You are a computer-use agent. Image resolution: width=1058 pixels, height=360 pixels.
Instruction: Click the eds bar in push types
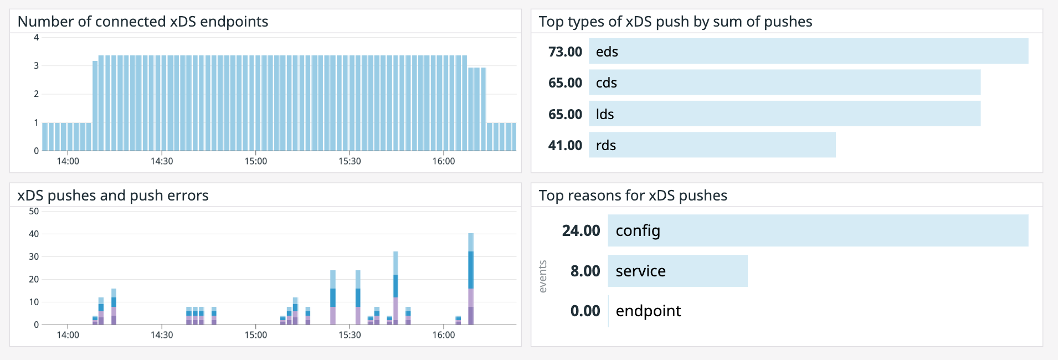coord(808,51)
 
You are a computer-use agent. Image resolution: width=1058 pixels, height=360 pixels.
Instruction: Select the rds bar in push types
coord(712,145)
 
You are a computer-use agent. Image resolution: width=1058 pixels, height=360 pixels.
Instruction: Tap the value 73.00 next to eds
coord(565,52)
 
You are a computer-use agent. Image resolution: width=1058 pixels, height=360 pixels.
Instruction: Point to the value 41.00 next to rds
coord(565,145)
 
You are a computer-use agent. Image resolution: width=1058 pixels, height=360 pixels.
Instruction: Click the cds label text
coord(606,83)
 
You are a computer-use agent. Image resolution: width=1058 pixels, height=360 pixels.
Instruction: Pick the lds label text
coord(604,114)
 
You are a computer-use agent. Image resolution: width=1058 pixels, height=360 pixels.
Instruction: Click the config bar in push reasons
coord(818,230)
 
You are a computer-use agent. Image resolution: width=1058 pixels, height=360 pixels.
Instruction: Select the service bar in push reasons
coord(677,271)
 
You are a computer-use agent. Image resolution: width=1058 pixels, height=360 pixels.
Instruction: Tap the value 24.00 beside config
coord(581,230)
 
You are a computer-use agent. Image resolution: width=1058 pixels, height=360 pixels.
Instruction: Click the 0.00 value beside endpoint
coord(585,311)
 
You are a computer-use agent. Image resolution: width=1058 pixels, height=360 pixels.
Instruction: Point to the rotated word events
coord(543,276)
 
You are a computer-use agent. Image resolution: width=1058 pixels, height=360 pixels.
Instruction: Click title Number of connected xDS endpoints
coord(143,22)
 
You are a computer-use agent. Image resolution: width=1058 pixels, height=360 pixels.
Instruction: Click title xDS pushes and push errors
coord(113,196)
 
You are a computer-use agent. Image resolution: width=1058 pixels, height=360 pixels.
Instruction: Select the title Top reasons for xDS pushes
coord(633,196)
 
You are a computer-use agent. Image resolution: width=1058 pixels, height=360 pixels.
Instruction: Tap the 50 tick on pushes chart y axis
coord(34,211)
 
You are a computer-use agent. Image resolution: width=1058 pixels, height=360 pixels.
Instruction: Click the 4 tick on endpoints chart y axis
coord(36,38)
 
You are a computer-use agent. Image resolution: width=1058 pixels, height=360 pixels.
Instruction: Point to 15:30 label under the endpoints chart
coord(349,161)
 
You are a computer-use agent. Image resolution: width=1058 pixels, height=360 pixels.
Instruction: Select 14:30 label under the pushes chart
coord(162,335)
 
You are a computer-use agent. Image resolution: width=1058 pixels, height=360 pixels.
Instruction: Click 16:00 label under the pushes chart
coord(443,335)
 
